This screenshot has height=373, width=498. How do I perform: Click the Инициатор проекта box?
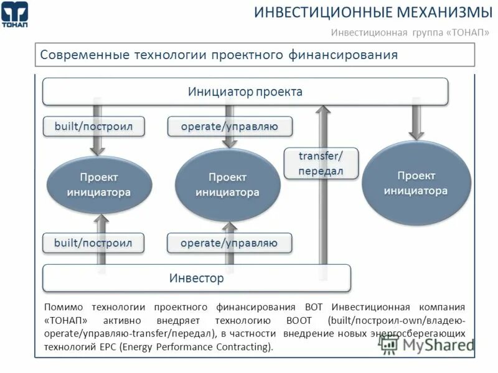click(245, 92)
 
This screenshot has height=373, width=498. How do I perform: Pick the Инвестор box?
click(196, 278)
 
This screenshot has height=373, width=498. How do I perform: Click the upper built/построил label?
click(93, 127)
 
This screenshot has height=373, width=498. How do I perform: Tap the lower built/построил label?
click(93, 242)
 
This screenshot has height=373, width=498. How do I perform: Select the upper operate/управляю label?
click(229, 127)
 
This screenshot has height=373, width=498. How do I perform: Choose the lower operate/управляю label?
click(229, 242)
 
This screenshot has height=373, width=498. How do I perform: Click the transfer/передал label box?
click(321, 163)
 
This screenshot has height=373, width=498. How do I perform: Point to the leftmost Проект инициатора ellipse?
click(99, 185)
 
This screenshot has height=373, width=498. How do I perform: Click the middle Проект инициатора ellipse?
click(228, 185)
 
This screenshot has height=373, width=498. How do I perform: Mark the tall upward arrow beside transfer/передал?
click(322, 211)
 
